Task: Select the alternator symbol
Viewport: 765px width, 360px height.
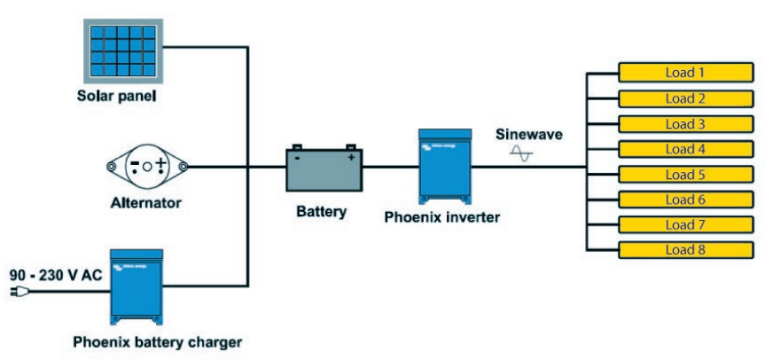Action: coord(147,166)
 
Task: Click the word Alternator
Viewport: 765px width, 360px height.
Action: coord(147,203)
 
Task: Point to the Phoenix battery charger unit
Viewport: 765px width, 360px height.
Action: coord(137,286)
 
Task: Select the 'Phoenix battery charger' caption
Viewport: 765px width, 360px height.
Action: coord(157,340)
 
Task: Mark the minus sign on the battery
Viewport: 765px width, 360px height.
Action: coord(298,158)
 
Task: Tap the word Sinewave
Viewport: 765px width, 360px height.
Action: coord(528,134)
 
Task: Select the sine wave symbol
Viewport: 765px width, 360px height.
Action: coord(521,154)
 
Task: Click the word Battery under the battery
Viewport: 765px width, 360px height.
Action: coord(322,212)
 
